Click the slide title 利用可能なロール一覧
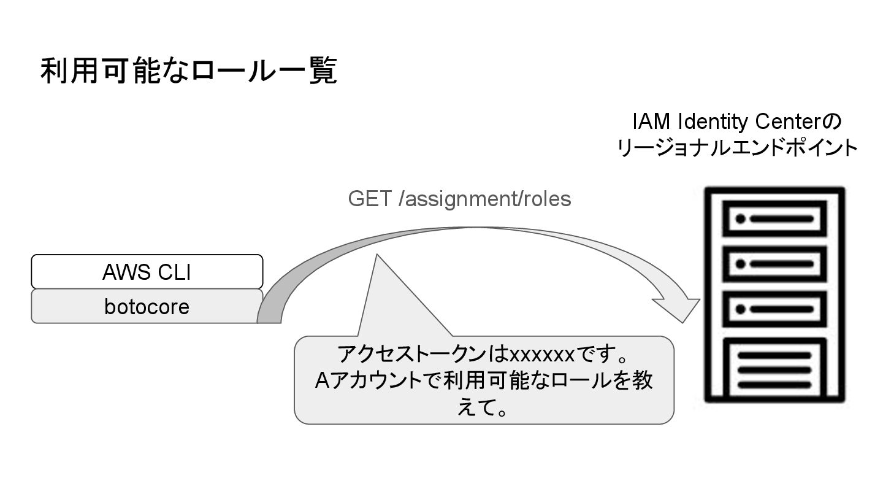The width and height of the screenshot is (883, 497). point(189,72)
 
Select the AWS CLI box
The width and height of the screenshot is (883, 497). point(147,271)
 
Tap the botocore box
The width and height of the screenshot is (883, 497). point(147,306)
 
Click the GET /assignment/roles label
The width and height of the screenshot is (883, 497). point(459,199)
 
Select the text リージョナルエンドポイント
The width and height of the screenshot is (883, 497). point(737,148)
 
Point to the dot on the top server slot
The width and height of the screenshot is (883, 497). point(740,218)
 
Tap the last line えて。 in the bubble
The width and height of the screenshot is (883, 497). point(484,407)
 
